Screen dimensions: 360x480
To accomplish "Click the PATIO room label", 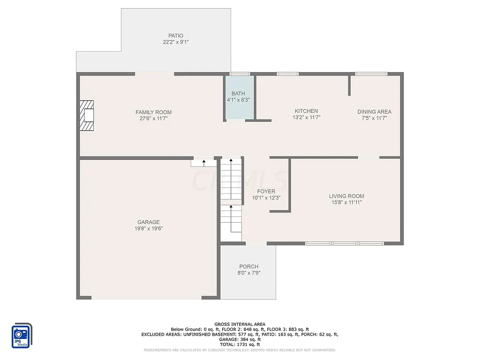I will pyautogui.click(x=176, y=36).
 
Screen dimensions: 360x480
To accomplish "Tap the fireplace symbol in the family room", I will pyautogui.click(x=87, y=115).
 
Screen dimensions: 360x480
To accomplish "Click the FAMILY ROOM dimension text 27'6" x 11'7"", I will pyautogui.click(x=153, y=119).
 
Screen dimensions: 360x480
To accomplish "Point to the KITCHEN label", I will pyautogui.click(x=306, y=111).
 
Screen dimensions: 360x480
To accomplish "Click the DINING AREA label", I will pyautogui.click(x=374, y=112).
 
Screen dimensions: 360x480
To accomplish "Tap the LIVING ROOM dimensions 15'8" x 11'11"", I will pyautogui.click(x=346, y=202).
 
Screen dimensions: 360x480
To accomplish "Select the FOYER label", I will pyautogui.click(x=266, y=191).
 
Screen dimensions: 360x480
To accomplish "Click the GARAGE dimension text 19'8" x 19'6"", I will pyautogui.click(x=149, y=228).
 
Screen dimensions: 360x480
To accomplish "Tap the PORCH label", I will pyautogui.click(x=248, y=266).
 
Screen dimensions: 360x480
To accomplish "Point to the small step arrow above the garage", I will pyautogui.click(x=203, y=163).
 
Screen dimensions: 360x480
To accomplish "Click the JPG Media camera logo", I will pyautogui.click(x=21, y=336).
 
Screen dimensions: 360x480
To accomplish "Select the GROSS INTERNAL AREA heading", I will pyautogui.click(x=240, y=324).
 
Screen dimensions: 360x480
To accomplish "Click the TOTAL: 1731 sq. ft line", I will pyautogui.click(x=240, y=345).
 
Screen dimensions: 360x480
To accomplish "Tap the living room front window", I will pyautogui.click(x=345, y=243).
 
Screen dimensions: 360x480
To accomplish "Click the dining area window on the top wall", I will pyautogui.click(x=371, y=74).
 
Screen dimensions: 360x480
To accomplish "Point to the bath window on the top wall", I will pyautogui.click(x=240, y=74).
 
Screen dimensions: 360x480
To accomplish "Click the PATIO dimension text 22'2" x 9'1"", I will pyautogui.click(x=176, y=42).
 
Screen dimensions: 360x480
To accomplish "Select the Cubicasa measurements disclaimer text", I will pyautogui.click(x=240, y=350).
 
